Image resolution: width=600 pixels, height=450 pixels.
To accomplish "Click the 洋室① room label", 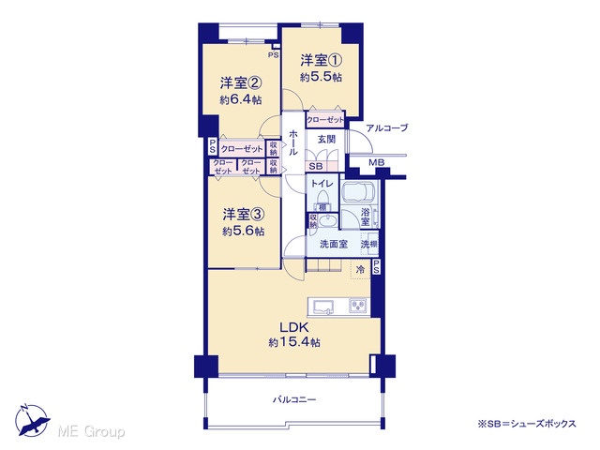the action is pyautogui.click(x=321, y=60).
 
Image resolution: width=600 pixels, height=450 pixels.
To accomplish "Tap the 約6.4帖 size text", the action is pyautogui.click(x=241, y=100).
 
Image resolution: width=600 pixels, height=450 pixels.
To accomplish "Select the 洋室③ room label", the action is pyautogui.click(x=244, y=215).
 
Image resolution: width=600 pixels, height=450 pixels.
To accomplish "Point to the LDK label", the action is pyautogui.click(x=293, y=327).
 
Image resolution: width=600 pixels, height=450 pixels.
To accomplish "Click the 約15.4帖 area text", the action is pyautogui.click(x=294, y=342).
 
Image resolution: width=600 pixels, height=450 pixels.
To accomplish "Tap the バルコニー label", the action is pyautogui.click(x=294, y=400).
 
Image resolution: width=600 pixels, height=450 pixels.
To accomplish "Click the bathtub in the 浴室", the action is pyautogui.click(x=359, y=191).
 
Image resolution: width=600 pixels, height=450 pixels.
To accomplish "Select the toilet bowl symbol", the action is pyautogui.click(x=322, y=198).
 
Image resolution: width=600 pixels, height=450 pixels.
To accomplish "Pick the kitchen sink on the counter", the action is pyautogui.click(x=322, y=307).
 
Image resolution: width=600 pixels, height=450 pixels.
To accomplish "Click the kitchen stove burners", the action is pyautogui.click(x=358, y=306).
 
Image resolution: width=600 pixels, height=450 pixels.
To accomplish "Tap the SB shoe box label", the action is pyautogui.click(x=316, y=167).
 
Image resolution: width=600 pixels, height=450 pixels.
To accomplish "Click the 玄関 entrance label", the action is pyautogui.click(x=326, y=140).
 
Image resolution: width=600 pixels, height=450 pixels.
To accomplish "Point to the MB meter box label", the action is pyautogui.click(x=377, y=162).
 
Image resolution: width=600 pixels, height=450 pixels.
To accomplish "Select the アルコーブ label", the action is pyautogui.click(x=387, y=127).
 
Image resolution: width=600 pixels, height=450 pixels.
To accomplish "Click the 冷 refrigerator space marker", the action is pyautogui.click(x=360, y=269).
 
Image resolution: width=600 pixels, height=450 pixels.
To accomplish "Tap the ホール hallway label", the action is pyautogui.click(x=293, y=142).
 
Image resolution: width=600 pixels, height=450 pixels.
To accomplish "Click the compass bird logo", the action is pyautogui.click(x=32, y=420).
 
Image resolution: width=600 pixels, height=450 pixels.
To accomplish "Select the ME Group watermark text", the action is pyautogui.click(x=91, y=431).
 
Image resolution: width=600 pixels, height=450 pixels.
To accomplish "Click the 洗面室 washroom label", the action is pyautogui.click(x=334, y=244).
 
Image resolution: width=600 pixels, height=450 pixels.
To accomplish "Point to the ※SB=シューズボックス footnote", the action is pyautogui.click(x=527, y=424).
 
